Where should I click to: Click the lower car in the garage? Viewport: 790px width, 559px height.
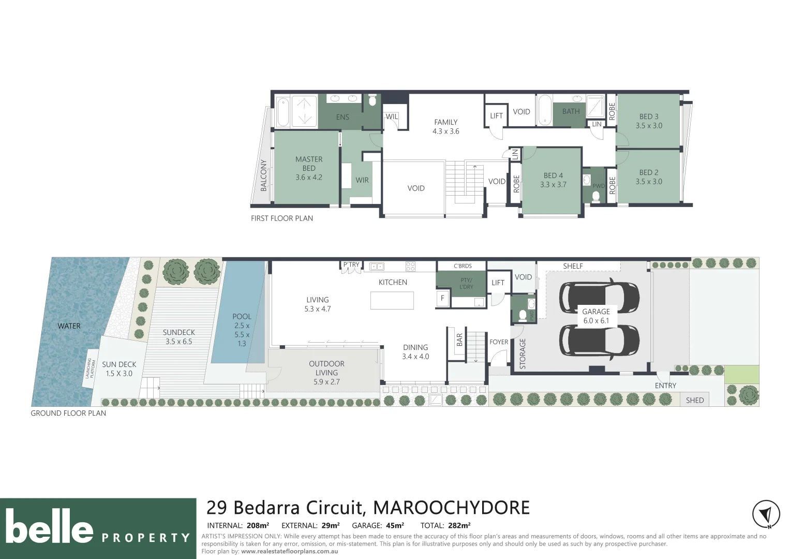pos(599,341)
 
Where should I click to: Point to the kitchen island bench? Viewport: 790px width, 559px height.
pos(392,300)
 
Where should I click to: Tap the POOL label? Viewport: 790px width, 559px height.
pos(242,316)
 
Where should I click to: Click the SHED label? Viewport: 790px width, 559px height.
pos(694,400)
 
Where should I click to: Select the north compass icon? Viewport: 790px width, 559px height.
pos(766,514)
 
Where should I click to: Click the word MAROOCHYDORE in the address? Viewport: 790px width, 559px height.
pos(451,508)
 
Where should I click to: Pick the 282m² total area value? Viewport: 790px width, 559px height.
pos(459,526)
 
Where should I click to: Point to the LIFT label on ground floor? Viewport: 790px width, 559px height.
pos(498,283)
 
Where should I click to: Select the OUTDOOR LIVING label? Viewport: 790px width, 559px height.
pos(326,368)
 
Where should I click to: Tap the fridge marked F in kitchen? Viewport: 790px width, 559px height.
pos(442,298)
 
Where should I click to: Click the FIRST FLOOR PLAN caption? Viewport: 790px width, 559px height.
pos(282,218)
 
